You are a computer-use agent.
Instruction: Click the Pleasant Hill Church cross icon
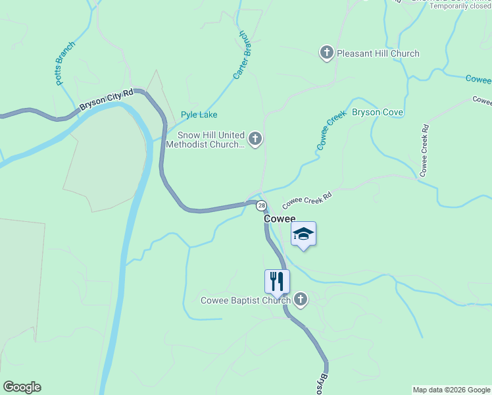(x=327, y=53)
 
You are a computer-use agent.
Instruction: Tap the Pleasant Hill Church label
(x=378, y=53)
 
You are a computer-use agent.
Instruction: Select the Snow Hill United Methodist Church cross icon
(x=256, y=139)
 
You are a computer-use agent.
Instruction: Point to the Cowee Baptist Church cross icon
(x=301, y=300)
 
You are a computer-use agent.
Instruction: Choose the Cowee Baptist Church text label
(x=245, y=301)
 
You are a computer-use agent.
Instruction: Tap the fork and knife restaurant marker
(x=277, y=281)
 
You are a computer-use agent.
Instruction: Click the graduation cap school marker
(x=303, y=234)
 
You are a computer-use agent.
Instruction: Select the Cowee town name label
(x=280, y=219)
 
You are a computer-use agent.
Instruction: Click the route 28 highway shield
(x=261, y=205)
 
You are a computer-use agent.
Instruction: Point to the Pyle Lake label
(x=199, y=115)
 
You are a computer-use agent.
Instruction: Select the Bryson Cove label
(x=377, y=112)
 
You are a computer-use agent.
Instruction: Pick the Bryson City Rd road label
(x=107, y=99)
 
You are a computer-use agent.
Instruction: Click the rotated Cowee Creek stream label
(x=331, y=130)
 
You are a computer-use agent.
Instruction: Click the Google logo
(x=22, y=387)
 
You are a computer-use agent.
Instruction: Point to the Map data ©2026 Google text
(x=451, y=390)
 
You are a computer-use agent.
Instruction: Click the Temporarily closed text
(x=460, y=6)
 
